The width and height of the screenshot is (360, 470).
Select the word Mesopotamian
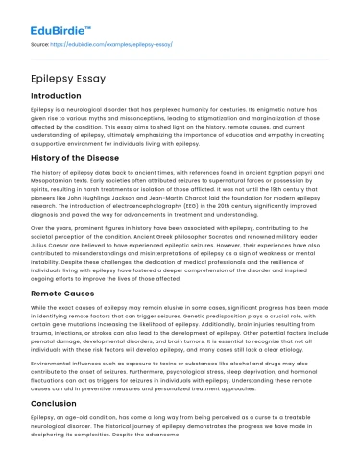(x=52, y=178)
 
